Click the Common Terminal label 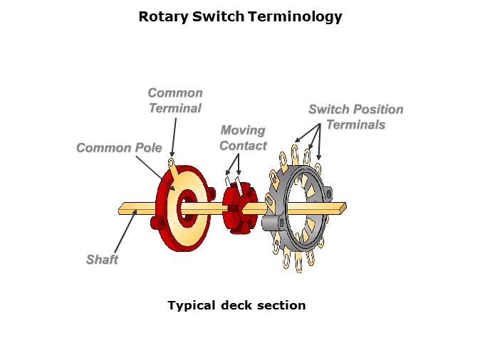pos(175,100)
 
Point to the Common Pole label pos(114,148)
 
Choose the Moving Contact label pos(243,138)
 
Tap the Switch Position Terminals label pos(355,117)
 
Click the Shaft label pos(102,260)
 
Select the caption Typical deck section pos(236,305)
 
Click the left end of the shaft pos(122,209)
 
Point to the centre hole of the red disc pos(187,208)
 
